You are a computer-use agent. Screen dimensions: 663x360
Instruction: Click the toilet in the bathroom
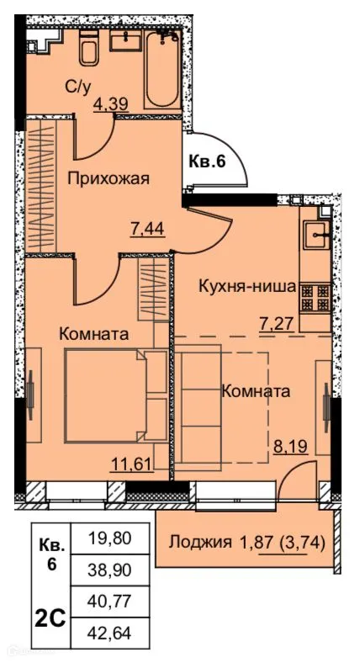coord(89,53)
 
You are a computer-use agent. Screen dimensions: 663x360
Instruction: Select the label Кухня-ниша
coord(246,286)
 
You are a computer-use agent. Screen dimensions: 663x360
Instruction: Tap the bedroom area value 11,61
coord(134,461)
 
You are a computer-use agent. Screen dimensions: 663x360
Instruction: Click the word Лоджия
coord(200,542)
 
